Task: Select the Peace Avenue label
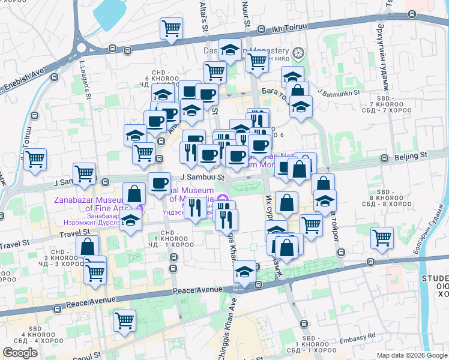[x=193, y=290]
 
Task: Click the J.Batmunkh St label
[x=340, y=93]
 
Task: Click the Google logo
[x=20, y=353]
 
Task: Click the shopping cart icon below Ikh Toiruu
[x=171, y=28]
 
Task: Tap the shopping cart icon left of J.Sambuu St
[x=85, y=173]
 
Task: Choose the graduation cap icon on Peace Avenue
[x=244, y=272]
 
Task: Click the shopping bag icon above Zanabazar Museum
[x=134, y=193]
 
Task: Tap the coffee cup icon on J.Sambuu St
[x=159, y=183]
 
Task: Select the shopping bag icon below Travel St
[x=88, y=246]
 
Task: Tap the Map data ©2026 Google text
[x=411, y=355]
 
